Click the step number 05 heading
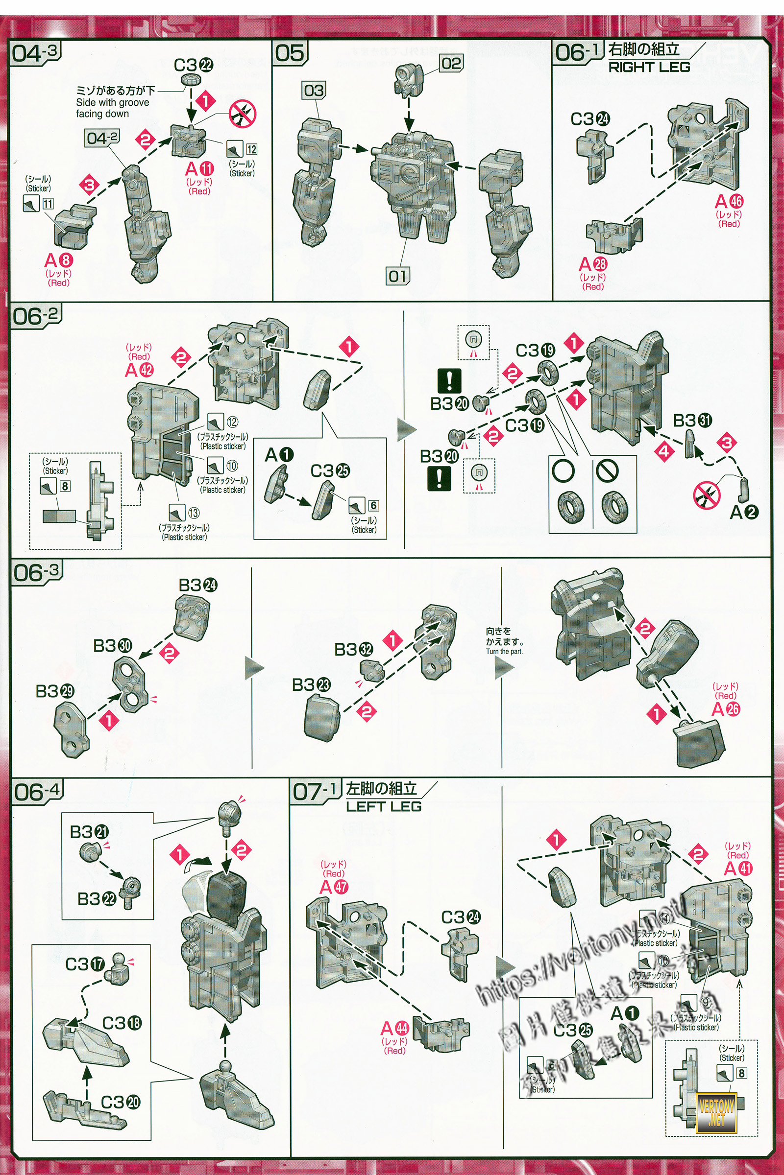pos(290,53)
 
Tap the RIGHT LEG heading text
pos(648,68)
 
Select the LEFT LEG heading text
pos(384,806)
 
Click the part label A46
pos(729,201)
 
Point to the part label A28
pos(593,264)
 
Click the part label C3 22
pos(193,66)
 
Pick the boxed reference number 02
pos(451,64)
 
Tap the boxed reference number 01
pos(398,276)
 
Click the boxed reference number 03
pos(314,91)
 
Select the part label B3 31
pos(692,421)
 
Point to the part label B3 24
pos(198,585)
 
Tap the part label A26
pos(726,709)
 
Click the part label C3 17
pos(85,964)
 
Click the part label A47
pos(334,887)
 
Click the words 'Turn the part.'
pos(504,652)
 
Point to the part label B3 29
pos(54,691)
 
